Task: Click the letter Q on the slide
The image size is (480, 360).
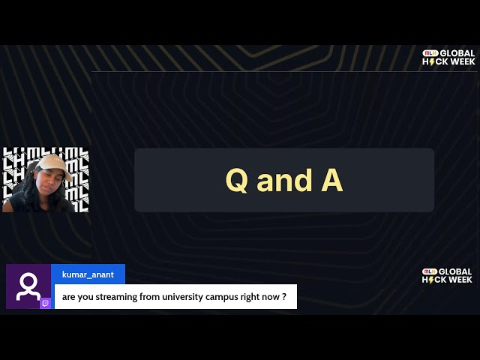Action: click(x=237, y=181)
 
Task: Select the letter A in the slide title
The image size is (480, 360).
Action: click(x=332, y=181)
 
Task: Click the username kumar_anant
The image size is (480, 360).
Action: click(x=88, y=274)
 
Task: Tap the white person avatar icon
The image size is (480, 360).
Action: click(x=28, y=286)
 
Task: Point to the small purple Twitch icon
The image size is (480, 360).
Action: click(x=46, y=303)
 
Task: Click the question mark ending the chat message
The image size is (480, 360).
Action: click(x=284, y=297)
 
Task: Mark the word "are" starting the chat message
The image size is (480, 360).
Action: click(x=69, y=297)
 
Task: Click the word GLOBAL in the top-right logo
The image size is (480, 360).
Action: click(x=457, y=53)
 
